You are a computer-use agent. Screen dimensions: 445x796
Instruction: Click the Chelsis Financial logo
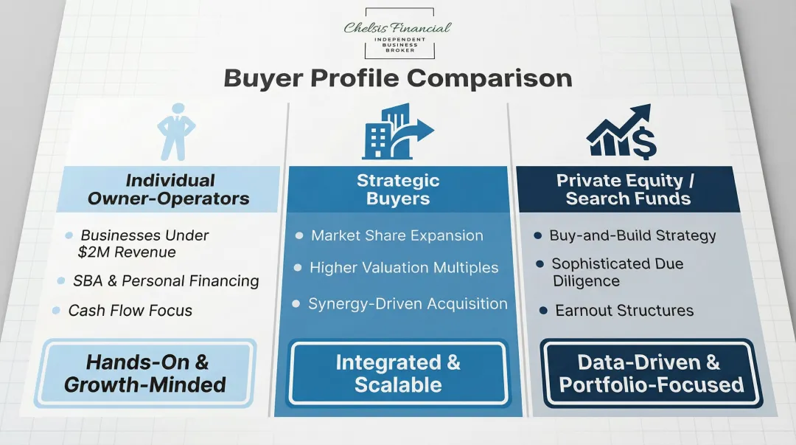point(399,33)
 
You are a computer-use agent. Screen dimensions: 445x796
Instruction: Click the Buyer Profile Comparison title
point(398,78)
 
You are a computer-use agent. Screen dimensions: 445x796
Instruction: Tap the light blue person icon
point(176,134)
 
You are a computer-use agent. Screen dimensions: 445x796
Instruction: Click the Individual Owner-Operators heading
point(169,190)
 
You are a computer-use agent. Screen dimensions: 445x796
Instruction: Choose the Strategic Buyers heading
point(398,190)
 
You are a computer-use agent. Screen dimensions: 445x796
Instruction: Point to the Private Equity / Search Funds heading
point(626,190)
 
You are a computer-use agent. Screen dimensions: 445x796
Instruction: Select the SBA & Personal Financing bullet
point(166,281)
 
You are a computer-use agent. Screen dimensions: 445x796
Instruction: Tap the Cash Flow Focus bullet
point(130,311)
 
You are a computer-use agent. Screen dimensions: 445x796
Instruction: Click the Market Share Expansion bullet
point(397,235)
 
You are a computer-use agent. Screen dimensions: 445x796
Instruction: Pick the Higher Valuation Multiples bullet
point(403,268)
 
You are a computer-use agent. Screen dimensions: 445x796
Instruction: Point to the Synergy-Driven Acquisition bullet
point(407,303)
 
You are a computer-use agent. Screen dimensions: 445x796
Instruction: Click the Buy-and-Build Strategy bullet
point(632,236)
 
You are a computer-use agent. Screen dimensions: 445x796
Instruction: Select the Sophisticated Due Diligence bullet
point(617,272)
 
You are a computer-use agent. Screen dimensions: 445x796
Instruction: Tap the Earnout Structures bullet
point(624,311)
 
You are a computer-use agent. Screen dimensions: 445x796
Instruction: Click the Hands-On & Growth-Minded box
point(146,373)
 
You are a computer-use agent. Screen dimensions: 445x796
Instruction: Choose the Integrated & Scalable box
point(398,373)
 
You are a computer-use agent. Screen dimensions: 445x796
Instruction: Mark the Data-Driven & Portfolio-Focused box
point(651,373)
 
